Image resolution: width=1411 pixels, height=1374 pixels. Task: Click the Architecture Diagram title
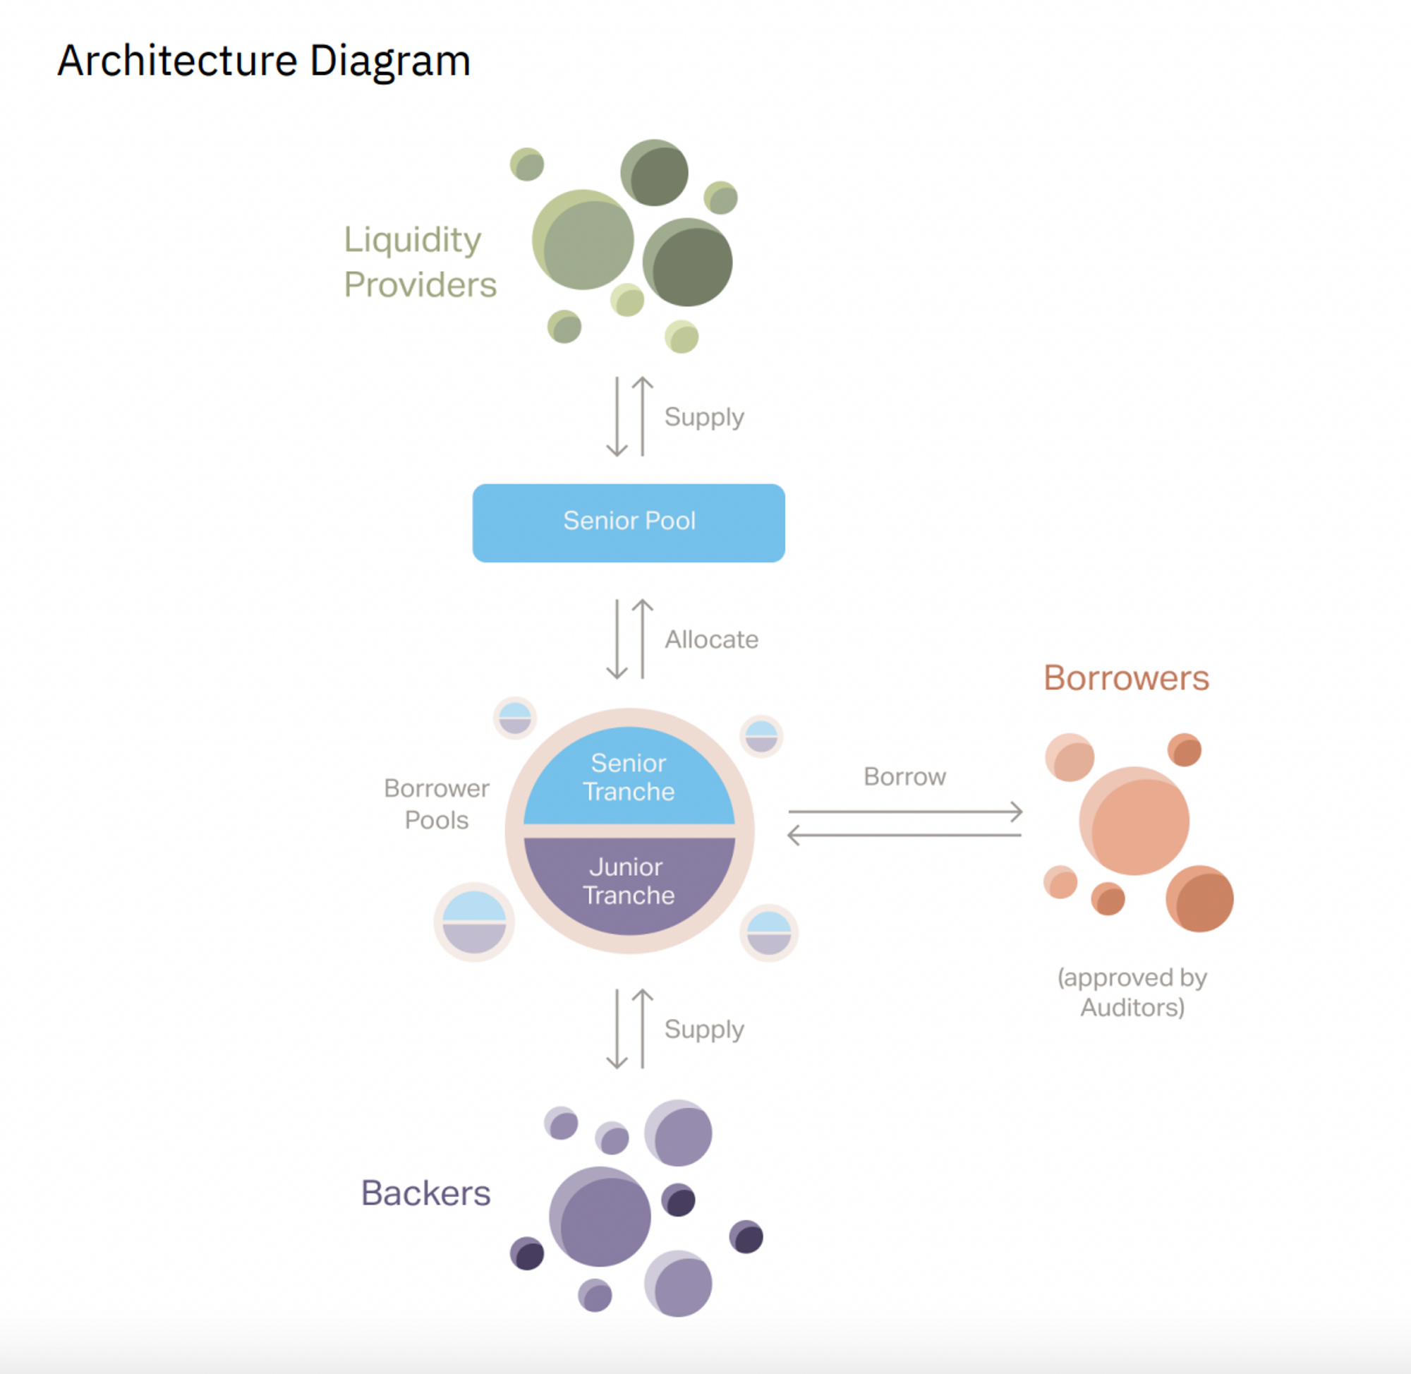[x=263, y=61]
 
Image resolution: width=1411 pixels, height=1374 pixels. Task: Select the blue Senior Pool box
[x=629, y=522]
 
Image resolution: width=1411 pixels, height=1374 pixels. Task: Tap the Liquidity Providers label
[x=420, y=261]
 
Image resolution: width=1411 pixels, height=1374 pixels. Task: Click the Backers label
[x=425, y=1193]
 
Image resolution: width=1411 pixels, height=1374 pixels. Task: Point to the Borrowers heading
[x=1126, y=677]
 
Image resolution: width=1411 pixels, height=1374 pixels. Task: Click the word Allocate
[x=711, y=639]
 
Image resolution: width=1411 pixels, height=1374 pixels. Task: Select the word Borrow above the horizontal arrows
[x=904, y=776]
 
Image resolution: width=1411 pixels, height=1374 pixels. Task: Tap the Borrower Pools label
[x=437, y=804]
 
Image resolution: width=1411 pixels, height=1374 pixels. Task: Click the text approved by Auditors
[x=1132, y=992]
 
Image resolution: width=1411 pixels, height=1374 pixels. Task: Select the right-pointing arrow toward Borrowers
[x=905, y=812]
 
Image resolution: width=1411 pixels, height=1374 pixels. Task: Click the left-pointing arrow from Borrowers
[x=905, y=835]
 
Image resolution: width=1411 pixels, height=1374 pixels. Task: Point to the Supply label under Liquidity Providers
[x=704, y=417]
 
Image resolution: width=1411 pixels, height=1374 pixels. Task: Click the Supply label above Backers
[x=704, y=1029]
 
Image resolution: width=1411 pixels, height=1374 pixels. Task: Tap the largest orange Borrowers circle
[x=1134, y=821]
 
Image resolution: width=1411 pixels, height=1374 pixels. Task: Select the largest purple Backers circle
[x=601, y=1217]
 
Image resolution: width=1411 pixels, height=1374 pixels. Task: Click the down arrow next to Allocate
[x=617, y=639]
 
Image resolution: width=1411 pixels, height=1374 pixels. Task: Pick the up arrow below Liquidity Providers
[x=642, y=417]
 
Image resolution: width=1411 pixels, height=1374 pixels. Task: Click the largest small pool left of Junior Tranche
[x=474, y=922]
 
